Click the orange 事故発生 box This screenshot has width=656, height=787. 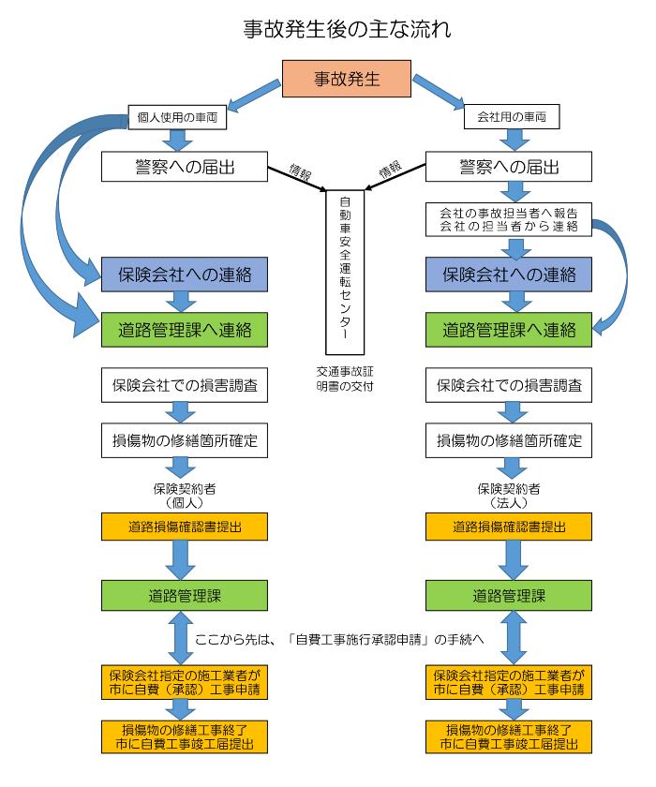(x=347, y=79)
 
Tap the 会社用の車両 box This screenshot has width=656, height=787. (x=511, y=119)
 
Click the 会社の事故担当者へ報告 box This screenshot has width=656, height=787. (x=510, y=218)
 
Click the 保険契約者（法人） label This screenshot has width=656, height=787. (x=510, y=495)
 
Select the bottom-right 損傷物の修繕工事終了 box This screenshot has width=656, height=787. (x=510, y=735)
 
